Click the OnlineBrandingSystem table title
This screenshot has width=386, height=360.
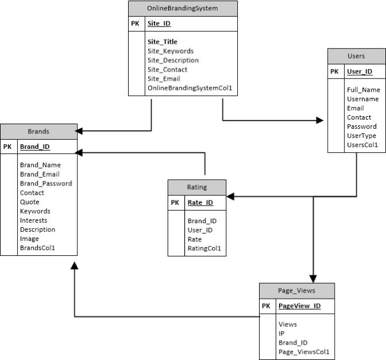[x=182, y=9]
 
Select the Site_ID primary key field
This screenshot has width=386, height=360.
[x=158, y=24]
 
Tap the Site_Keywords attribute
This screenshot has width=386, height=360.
[x=170, y=51]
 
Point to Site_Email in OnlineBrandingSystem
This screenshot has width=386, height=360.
[x=163, y=78]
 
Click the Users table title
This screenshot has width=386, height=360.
[x=356, y=56]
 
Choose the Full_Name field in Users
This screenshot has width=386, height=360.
[x=363, y=90]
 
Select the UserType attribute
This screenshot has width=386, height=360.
[x=361, y=136]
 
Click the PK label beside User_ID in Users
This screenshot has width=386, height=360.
[x=335, y=72]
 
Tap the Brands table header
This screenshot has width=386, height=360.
[x=38, y=131]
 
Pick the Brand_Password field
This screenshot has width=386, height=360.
[x=46, y=183]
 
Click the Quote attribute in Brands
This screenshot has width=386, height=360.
[x=29, y=201]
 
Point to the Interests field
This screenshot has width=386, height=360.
[x=33, y=220]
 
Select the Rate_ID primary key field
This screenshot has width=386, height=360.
[x=200, y=202]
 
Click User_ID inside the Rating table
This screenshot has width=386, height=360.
[x=200, y=230]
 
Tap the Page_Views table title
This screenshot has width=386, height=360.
[x=296, y=290]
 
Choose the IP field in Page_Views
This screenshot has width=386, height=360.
[x=281, y=333]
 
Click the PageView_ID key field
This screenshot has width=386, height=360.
[x=299, y=306]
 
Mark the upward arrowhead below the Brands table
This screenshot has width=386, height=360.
[x=74, y=268]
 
